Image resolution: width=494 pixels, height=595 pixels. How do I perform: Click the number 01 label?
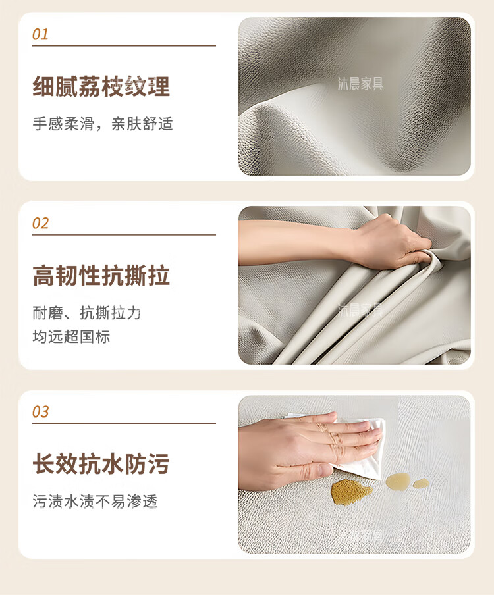40,34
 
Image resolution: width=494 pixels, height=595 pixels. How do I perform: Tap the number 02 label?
41,223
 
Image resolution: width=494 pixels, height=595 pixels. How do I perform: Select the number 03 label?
41,412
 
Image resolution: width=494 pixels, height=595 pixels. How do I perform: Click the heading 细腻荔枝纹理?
101,86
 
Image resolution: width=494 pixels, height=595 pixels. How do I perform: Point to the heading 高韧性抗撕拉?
101,276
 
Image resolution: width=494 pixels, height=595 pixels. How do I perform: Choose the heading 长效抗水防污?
101,464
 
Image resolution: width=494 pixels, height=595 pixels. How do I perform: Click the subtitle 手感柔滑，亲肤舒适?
103,124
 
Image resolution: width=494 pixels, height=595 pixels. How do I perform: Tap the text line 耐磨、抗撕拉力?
86,313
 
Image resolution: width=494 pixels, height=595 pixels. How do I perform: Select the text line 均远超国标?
71,336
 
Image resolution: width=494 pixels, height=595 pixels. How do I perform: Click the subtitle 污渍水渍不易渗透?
95,502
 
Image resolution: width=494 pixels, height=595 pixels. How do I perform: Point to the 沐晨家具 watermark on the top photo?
360,84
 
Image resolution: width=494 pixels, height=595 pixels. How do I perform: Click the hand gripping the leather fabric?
393,243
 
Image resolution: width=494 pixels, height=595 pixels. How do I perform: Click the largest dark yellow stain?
350,492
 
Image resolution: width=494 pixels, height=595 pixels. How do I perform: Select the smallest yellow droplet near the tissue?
421,483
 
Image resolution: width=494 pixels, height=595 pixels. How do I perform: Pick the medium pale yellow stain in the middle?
398,480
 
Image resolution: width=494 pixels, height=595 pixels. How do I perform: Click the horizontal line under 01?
124,46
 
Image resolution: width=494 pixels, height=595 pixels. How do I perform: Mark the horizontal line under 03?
124,423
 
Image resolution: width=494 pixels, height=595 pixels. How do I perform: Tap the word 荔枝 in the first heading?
90,86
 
